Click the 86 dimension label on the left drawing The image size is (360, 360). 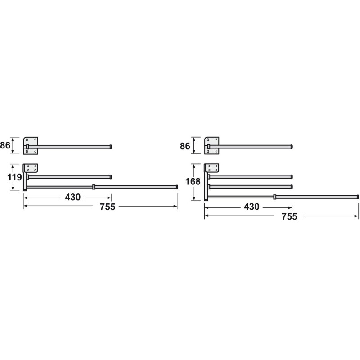(x=5, y=145)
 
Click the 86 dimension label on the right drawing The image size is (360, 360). (x=185, y=146)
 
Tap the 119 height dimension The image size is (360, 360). (x=14, y=177)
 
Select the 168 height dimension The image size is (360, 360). (x=193, y=182)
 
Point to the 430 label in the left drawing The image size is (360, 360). (x=73, y=197)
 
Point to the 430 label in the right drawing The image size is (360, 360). (x=252, y=207)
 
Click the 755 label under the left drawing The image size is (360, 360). (x=108, y=207)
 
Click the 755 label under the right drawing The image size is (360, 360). (x=289, y=216)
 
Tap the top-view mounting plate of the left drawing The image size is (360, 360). (x=31, y=146)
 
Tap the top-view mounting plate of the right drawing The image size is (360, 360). (x=211, y=146)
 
